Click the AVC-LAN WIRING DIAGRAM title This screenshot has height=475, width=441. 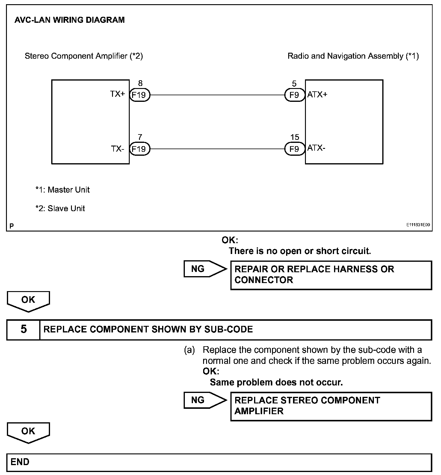[70, 20]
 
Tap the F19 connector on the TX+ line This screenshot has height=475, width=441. [139, 95]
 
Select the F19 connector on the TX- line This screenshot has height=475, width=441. [139, 149]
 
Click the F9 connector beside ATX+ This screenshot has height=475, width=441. [294, 95]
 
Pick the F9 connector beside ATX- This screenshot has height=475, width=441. [294, 149]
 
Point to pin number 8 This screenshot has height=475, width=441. [140, 84]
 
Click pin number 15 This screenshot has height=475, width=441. [294, 137]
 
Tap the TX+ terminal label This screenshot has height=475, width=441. [117, 94]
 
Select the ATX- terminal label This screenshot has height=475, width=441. [316, 148]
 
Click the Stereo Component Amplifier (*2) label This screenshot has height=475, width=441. [84, 56]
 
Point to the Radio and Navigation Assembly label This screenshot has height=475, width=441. [353, 56]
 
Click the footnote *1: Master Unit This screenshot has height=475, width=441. [62, 190]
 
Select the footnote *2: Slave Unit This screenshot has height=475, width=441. [60, 208]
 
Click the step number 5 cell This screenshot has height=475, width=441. [23, 329]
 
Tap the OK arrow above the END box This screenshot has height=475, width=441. [28, 432]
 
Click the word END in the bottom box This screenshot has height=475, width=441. [20, 462]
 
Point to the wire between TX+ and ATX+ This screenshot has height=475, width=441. [217, 95]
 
